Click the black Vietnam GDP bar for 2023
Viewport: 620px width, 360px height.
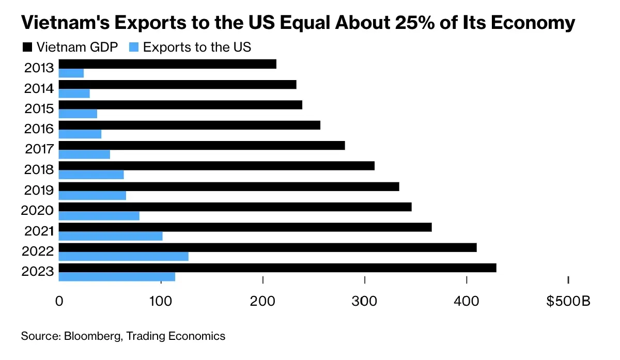click(x=277, y=268)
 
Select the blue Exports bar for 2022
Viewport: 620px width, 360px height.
click(x=123, y=257)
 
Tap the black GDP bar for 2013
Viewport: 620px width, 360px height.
click(x=167, y=64)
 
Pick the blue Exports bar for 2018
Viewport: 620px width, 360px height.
click(x=91, y=175)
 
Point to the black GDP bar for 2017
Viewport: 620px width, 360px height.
click(x=202, y=146)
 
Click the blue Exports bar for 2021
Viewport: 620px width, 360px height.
click(x=111, y=236)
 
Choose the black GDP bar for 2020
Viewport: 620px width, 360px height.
click(x=235, y=207)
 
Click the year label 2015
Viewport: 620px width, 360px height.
click(x=39, y=109)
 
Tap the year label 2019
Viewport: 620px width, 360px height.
click(x=39, y=190)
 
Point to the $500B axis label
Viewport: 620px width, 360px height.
click(x=568, y=301)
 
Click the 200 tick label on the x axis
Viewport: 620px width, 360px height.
click(x=263, y=301)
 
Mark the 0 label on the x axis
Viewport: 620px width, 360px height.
click(x=59, y=301)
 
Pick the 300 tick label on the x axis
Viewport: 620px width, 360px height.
click(x=365, y=301)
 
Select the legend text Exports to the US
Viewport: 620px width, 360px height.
click(x=197, y=48)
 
